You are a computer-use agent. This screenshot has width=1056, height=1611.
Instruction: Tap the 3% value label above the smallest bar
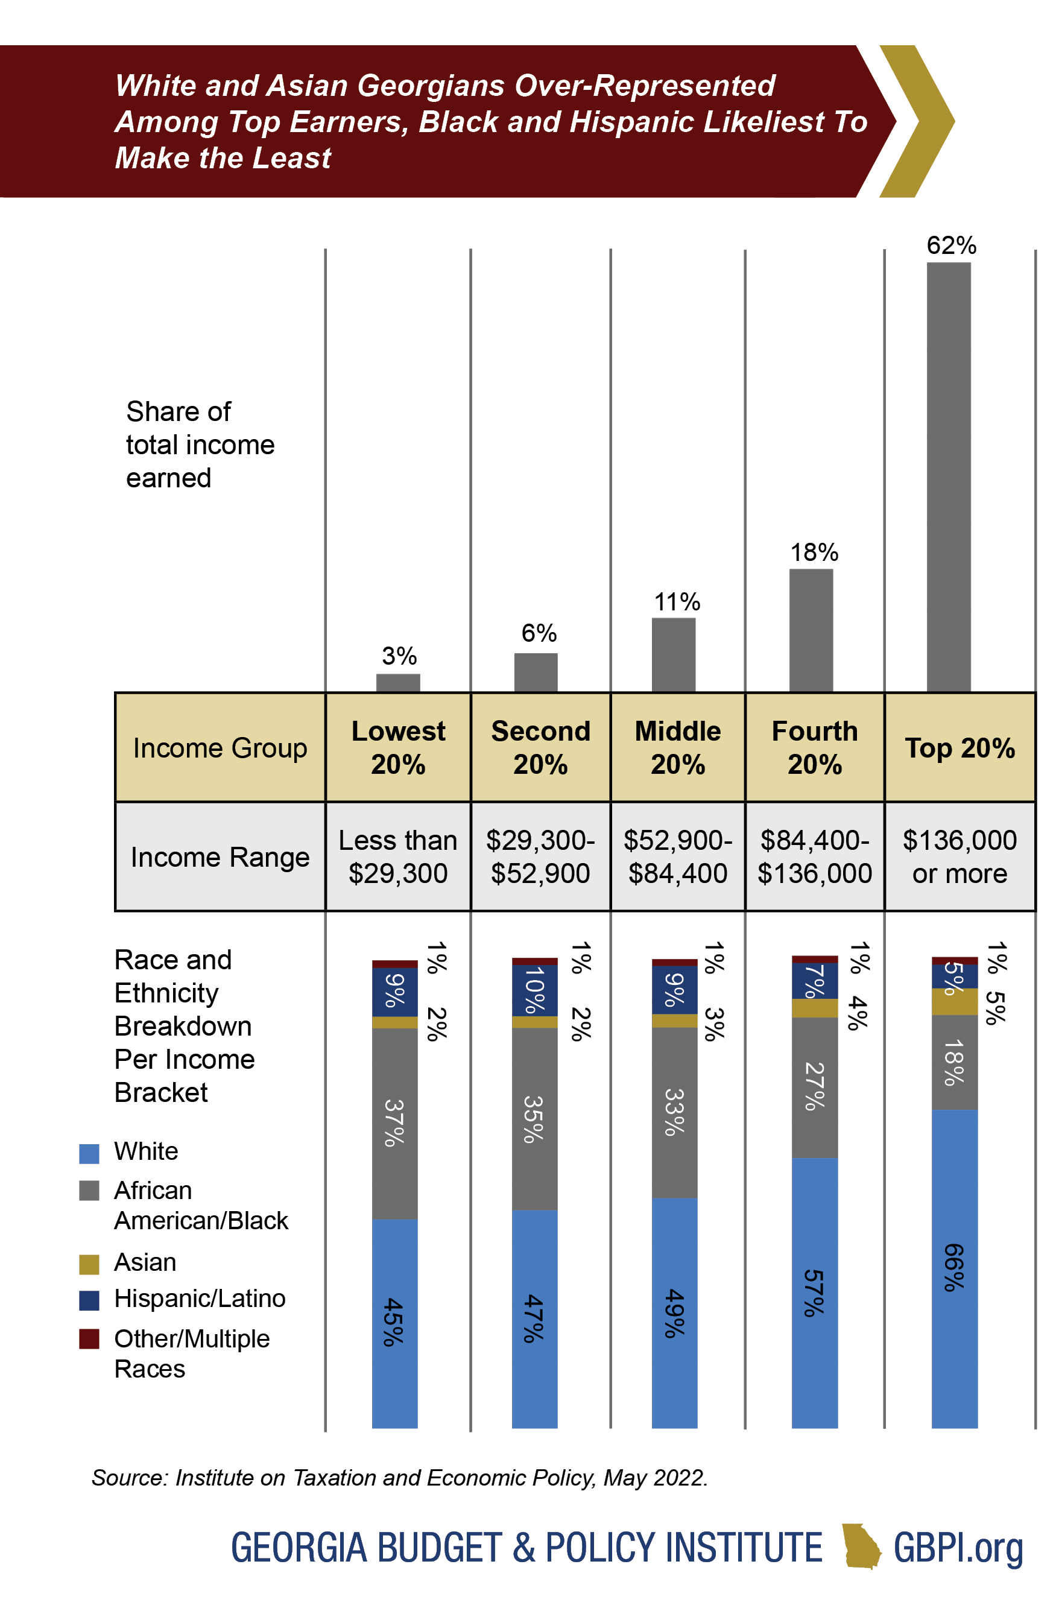click(x=399, y=655)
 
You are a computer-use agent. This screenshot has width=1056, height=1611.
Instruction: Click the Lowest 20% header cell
click(x=398, y=747)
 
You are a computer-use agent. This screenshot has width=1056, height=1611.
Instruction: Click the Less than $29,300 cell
click(x=398, y=856)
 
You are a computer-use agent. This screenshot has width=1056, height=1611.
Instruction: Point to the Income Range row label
click(x=220, y=857)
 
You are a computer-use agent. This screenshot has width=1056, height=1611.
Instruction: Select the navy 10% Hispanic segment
click(x=534, y=990)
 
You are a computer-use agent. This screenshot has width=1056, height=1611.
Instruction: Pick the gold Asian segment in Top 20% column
click(x=954, y=1001)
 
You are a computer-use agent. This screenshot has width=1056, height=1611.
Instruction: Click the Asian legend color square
click(x=89, y=1264)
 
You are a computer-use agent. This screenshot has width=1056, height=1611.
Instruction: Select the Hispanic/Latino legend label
click(x=200, y=1299)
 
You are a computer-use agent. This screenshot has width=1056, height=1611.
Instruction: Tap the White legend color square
click(x=89, y=1153)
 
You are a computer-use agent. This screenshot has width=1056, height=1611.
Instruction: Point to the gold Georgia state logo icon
click(x=861, y=1546)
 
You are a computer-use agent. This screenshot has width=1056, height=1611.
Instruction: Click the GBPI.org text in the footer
click(x=957, y=1548)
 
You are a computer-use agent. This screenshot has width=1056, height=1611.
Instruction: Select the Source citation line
click(x=399, y=1478)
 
